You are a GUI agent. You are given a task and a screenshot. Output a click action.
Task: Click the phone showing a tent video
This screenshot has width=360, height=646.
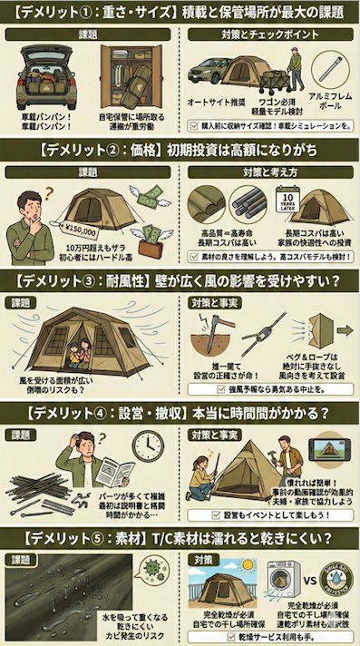(330, 450)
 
